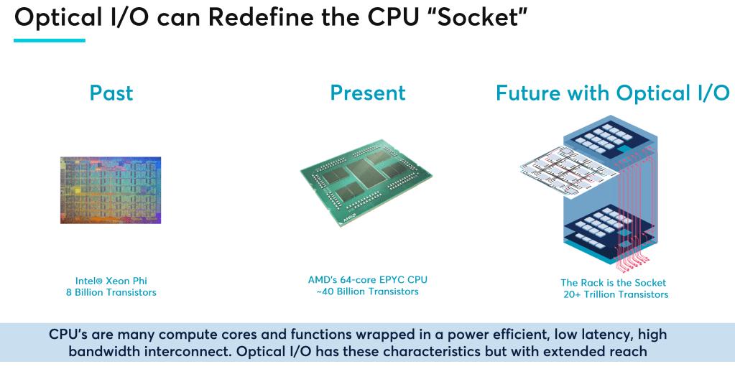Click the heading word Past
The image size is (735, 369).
click(111, 93)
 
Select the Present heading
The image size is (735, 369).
click(368, 93)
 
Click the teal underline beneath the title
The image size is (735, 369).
click(50, 40)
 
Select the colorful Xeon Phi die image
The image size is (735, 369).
click(111, 190)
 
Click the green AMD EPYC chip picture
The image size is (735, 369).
click(366, 182)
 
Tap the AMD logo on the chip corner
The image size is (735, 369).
click(350, 218)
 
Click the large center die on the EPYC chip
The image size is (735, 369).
click(366, 173)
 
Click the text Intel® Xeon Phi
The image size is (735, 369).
click(111, 281)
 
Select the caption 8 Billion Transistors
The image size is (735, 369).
click(111, 293)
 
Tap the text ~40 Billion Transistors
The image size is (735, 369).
click(368, 291)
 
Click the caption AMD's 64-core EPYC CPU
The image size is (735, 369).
click(368, 279)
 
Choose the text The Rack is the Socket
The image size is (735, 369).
click(613, 283)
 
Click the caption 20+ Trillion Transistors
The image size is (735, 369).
click(616, 294)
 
